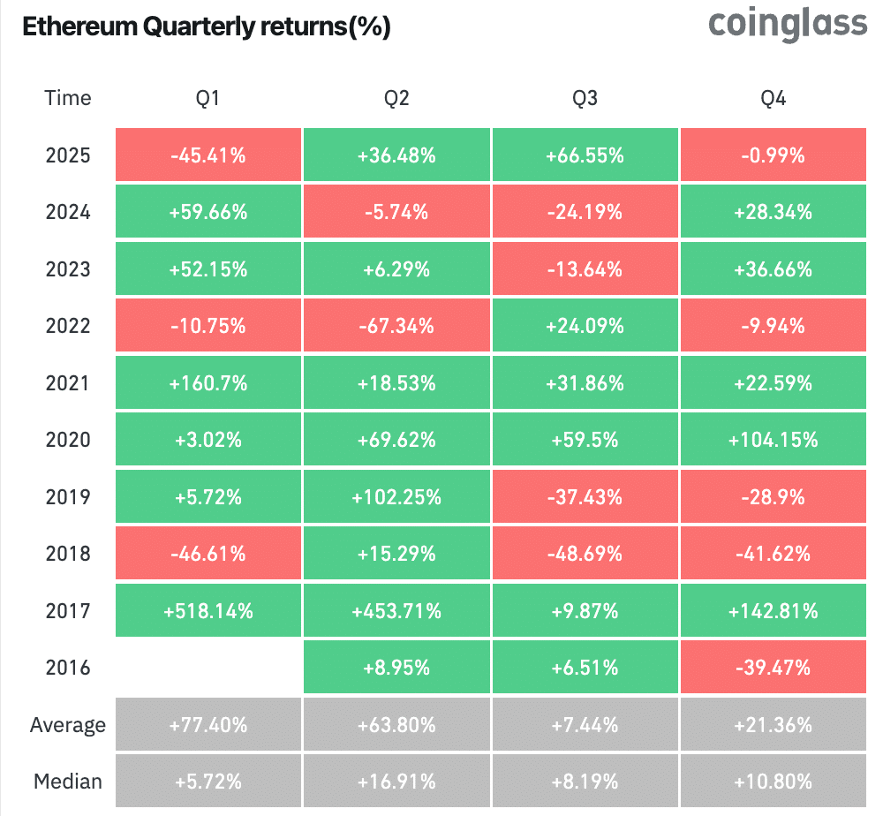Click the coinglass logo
pos(788,24)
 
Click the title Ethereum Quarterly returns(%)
pos(206,26)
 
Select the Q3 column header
pos(585,98)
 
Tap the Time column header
pos(68,98)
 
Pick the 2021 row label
pos(68,383)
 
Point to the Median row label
pos(68,782)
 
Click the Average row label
pos(68,725)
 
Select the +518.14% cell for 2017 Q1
pos(208,611)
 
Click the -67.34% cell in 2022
pos(396,327)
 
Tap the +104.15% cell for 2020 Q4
pos(774,440)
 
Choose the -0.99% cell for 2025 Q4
pos(774,156)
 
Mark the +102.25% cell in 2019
pos(396,497)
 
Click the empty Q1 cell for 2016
pos(208,668)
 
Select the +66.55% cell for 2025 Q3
pos(585,156)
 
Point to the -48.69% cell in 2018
pos(585,554)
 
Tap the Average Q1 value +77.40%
pos(208,725)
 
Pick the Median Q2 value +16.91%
pos(396,782)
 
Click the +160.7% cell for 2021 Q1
pos(208,383)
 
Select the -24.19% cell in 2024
pos(585,213)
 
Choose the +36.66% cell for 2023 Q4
pos(774,269)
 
